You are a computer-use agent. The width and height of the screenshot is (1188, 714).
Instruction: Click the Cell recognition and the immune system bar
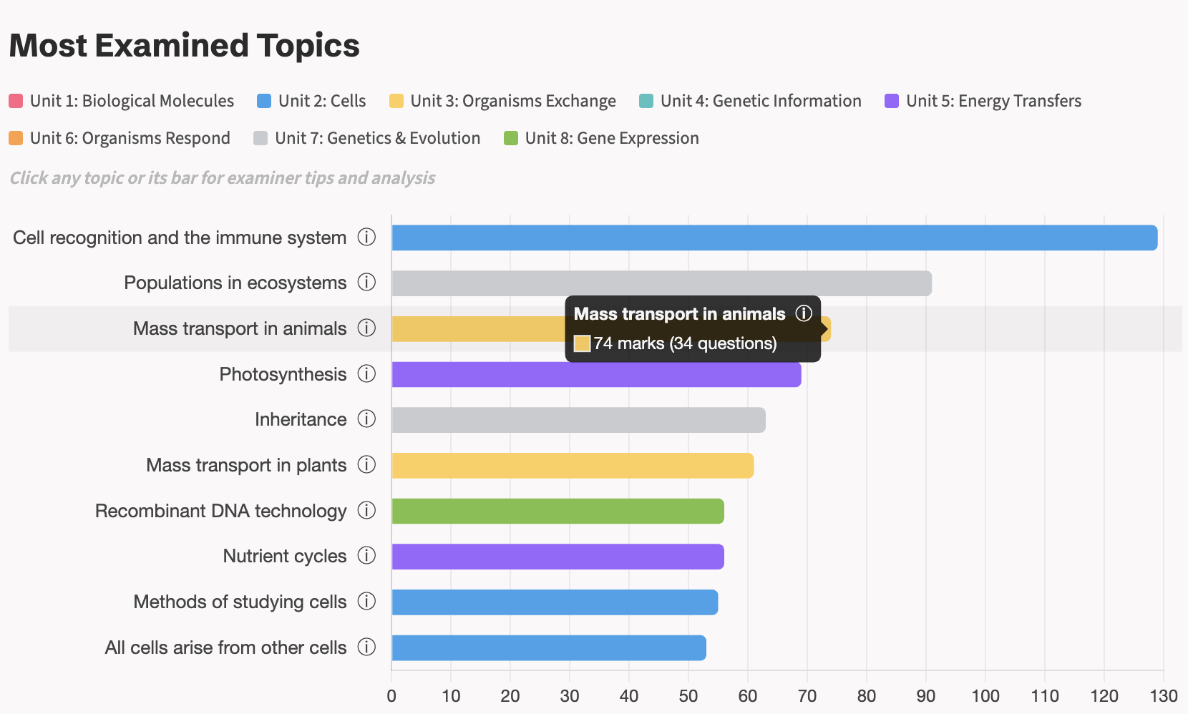point(773,238)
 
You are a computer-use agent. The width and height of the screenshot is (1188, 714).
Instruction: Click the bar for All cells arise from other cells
point(548,648)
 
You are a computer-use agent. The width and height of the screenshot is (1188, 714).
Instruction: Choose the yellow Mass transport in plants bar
point(572,466)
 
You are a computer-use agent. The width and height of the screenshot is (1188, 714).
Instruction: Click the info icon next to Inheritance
point(366,419)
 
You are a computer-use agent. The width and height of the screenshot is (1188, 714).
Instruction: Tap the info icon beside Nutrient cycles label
point(366,556)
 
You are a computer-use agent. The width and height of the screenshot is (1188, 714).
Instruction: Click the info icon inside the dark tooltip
point(804,313)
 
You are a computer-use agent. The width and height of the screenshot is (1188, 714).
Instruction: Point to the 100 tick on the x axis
point(985,695)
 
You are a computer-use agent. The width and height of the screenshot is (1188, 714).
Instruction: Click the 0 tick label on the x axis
point(391,695)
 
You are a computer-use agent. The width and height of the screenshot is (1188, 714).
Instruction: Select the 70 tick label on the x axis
point(807,695)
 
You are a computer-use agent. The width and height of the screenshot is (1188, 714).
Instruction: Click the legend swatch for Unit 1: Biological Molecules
point(16,101)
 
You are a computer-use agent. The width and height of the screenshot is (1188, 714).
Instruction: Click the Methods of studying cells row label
point(240,602)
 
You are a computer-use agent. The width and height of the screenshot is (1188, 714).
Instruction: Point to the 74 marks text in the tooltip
point(629,343)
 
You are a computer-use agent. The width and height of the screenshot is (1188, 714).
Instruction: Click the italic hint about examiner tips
point(223,178)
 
